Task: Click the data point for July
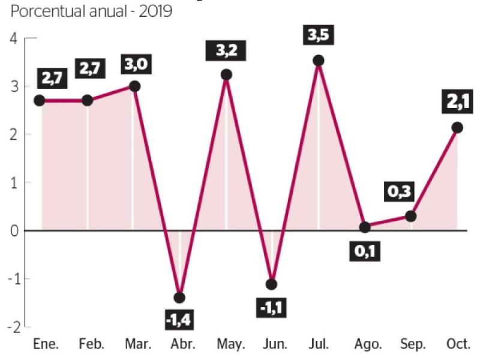coord(319,61)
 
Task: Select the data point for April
coord(179,298)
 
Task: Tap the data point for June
coord(272,284)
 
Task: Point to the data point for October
coord(457,127)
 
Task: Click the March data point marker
coord(134,86)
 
